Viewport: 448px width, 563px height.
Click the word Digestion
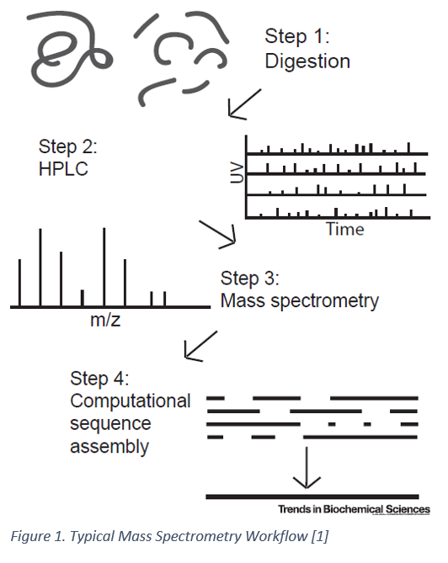(307, 61)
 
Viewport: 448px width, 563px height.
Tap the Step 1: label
(296, 36)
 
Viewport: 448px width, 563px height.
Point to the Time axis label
(345, 229)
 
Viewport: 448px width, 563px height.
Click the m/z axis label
(106, 321)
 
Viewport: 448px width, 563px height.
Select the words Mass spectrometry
(299, 300)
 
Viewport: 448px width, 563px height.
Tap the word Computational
(131, 401)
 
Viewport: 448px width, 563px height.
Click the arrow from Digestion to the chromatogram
(243, 104)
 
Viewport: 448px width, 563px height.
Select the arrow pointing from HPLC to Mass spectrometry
(218, 235)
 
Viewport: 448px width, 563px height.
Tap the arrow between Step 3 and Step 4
(200, 344)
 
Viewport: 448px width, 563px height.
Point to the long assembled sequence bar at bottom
(312, 497)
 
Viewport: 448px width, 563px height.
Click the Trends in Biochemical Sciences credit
(354, 510)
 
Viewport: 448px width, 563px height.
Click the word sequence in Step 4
(111, 423)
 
